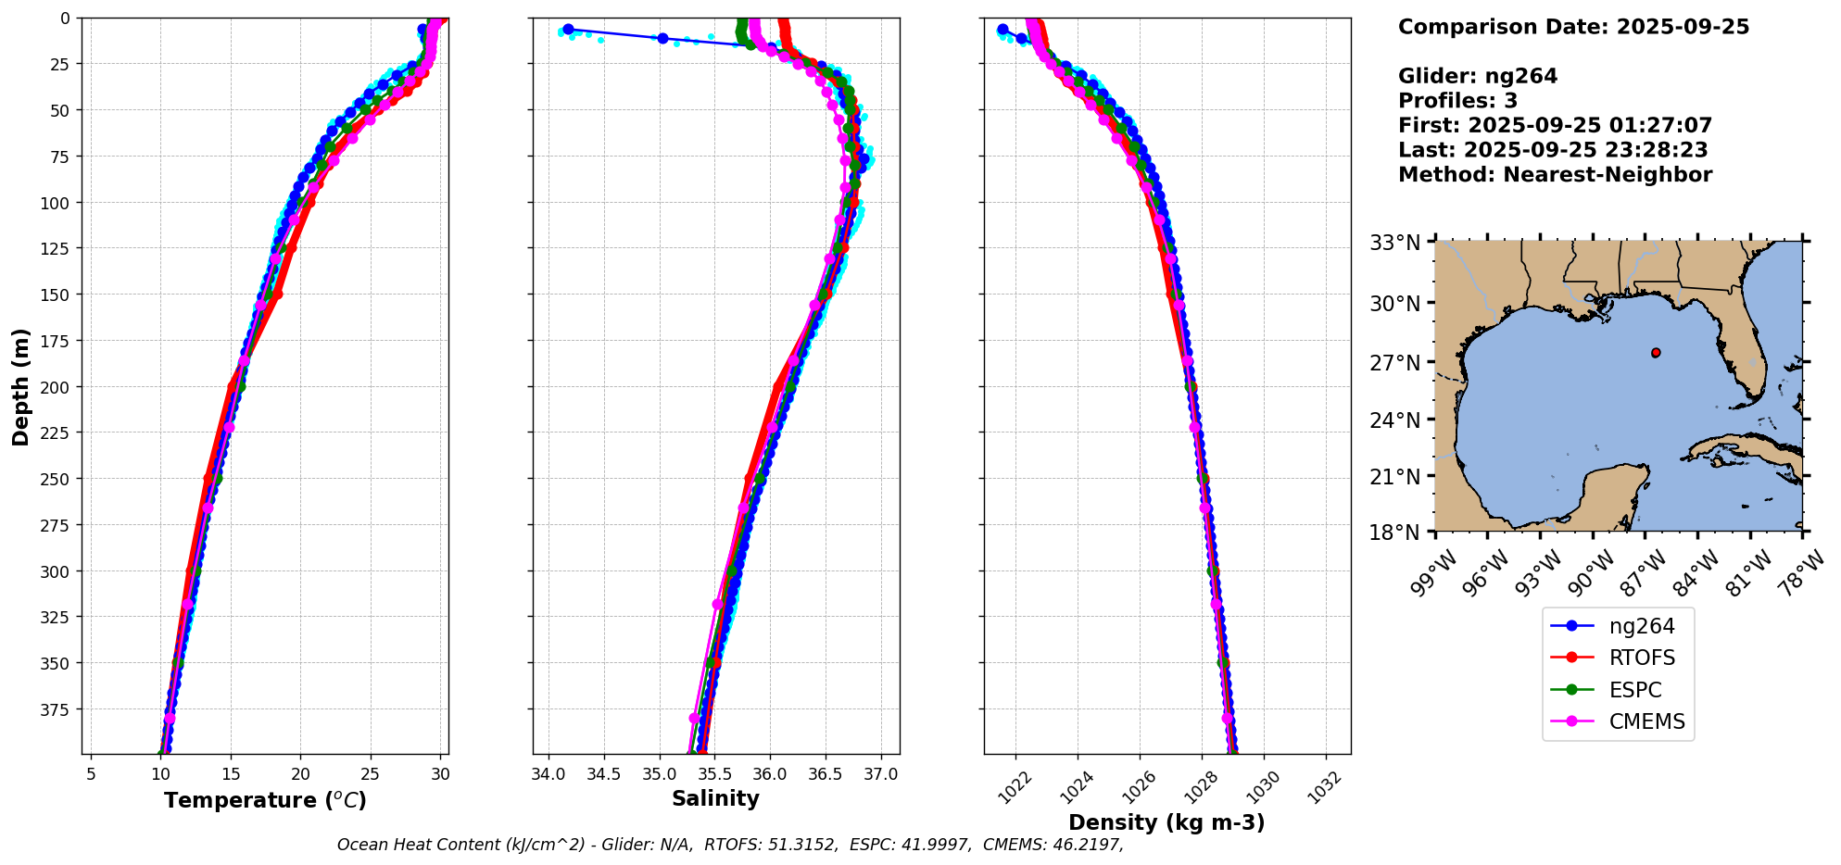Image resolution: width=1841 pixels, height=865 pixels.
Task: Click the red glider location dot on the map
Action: pos(1656,353)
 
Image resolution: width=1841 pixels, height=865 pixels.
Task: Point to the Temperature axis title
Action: pos(265,800)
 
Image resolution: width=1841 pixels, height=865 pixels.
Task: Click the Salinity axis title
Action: pos(715,798)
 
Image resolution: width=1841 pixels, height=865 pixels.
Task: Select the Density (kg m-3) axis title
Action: pos(1166,822)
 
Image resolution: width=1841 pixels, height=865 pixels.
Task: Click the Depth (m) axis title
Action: pos(21,386)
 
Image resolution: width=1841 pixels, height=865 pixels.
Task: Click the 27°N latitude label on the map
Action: pos(1394,363)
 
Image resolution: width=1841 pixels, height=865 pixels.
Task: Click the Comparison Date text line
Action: pos(1573,27)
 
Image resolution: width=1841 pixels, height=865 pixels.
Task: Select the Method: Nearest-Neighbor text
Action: pos(1555,175)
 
